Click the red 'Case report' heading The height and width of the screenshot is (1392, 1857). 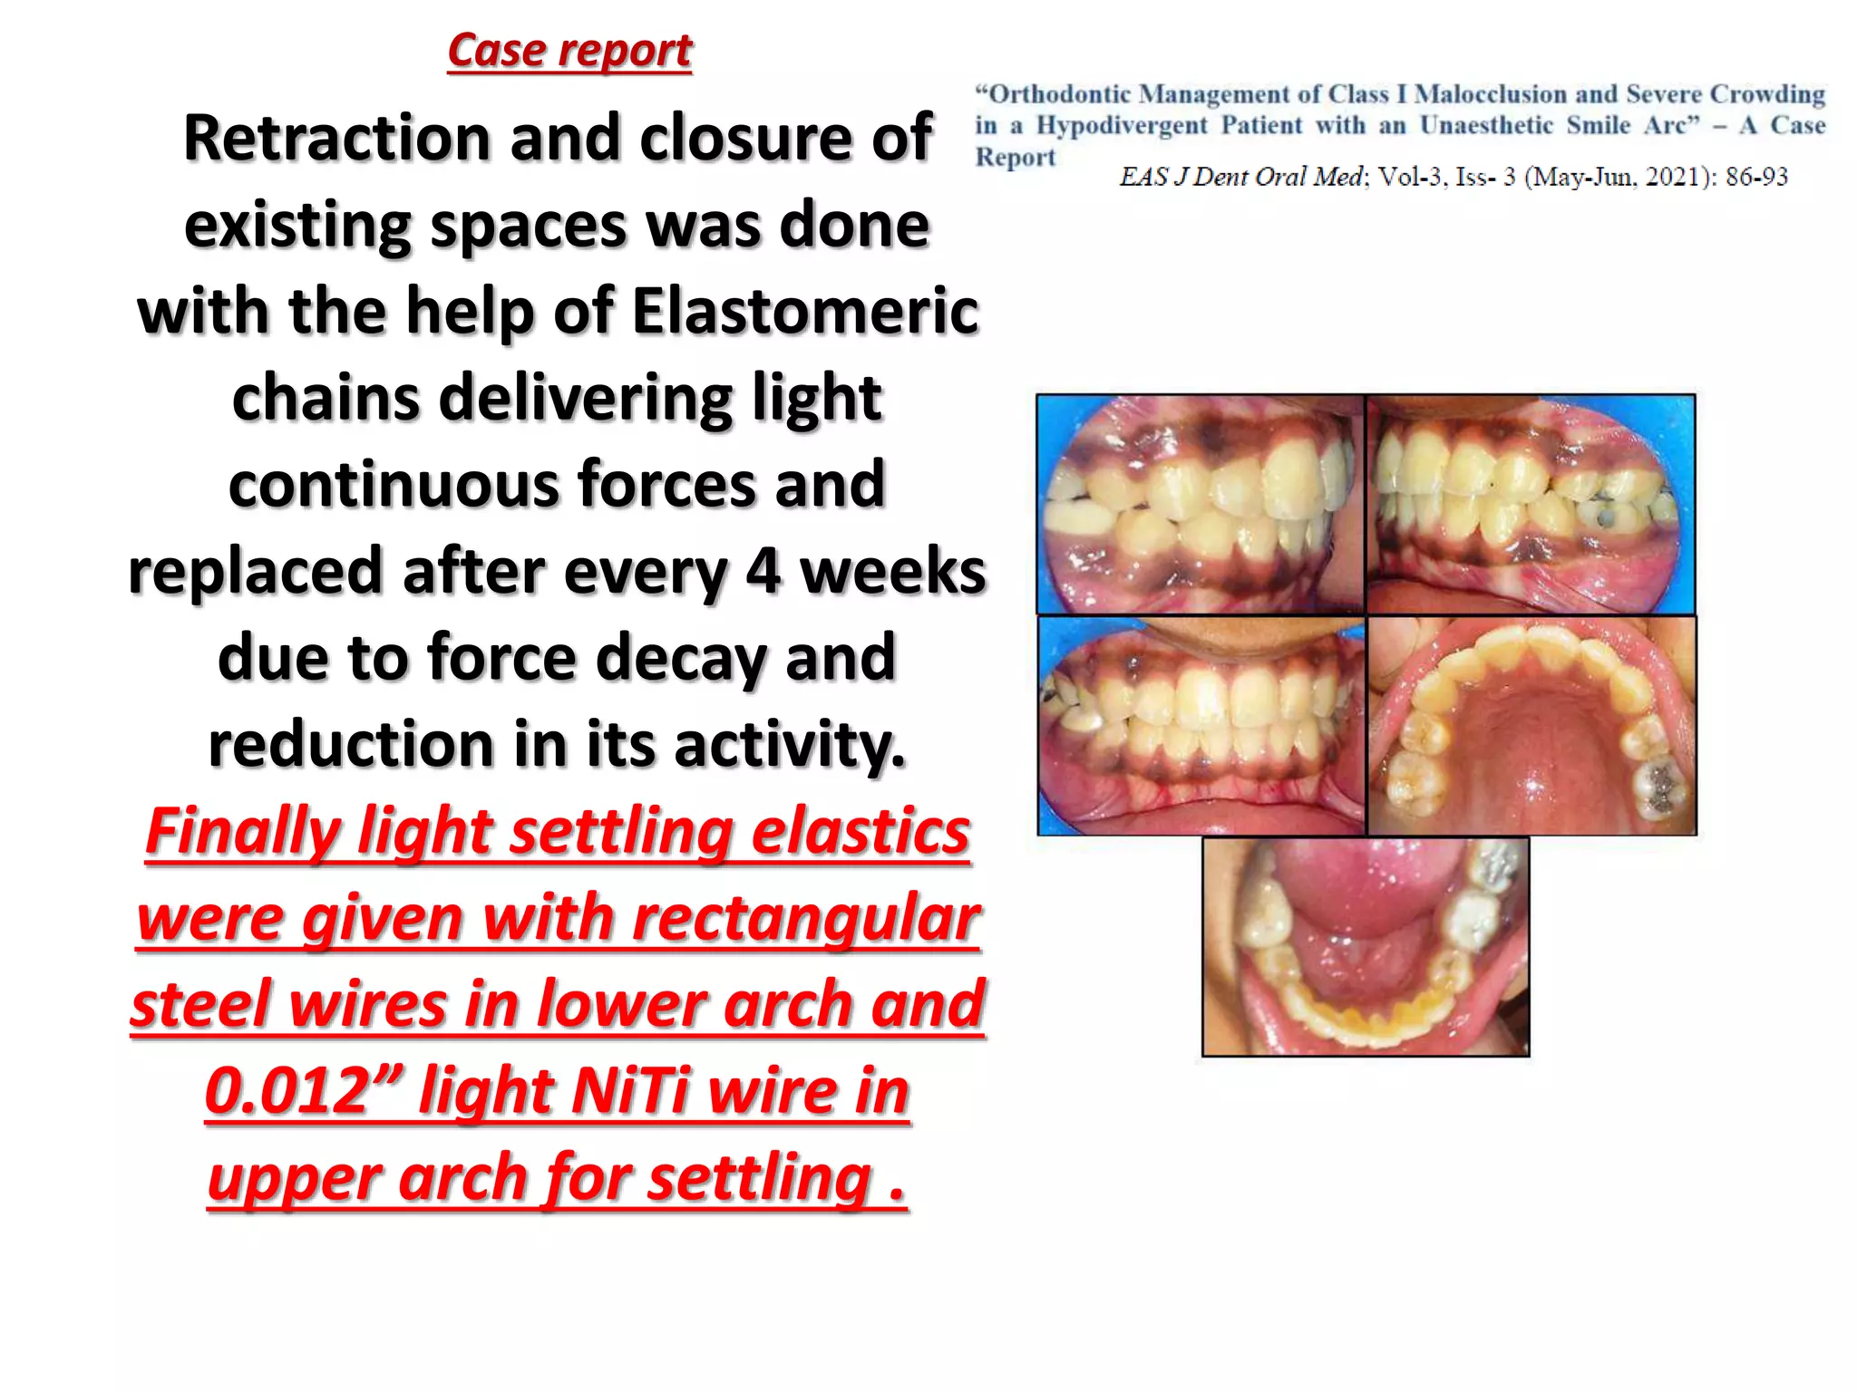569,51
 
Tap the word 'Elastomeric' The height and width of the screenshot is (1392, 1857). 805,311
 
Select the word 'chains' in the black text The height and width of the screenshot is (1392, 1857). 325,398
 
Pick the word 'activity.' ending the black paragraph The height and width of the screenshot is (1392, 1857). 789,744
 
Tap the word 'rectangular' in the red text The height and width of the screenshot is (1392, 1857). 805,918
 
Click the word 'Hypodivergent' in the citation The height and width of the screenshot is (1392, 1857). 1122,125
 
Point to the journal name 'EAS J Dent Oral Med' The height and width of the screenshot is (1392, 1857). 1241,177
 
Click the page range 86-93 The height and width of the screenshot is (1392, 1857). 1756,177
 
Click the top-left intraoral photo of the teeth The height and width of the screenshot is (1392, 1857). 1201,505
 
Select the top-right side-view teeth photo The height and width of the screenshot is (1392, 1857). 1531,505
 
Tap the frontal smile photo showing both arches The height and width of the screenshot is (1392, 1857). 1201,725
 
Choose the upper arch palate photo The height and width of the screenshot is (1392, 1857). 1531,725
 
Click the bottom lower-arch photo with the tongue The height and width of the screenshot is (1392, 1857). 1366,946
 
